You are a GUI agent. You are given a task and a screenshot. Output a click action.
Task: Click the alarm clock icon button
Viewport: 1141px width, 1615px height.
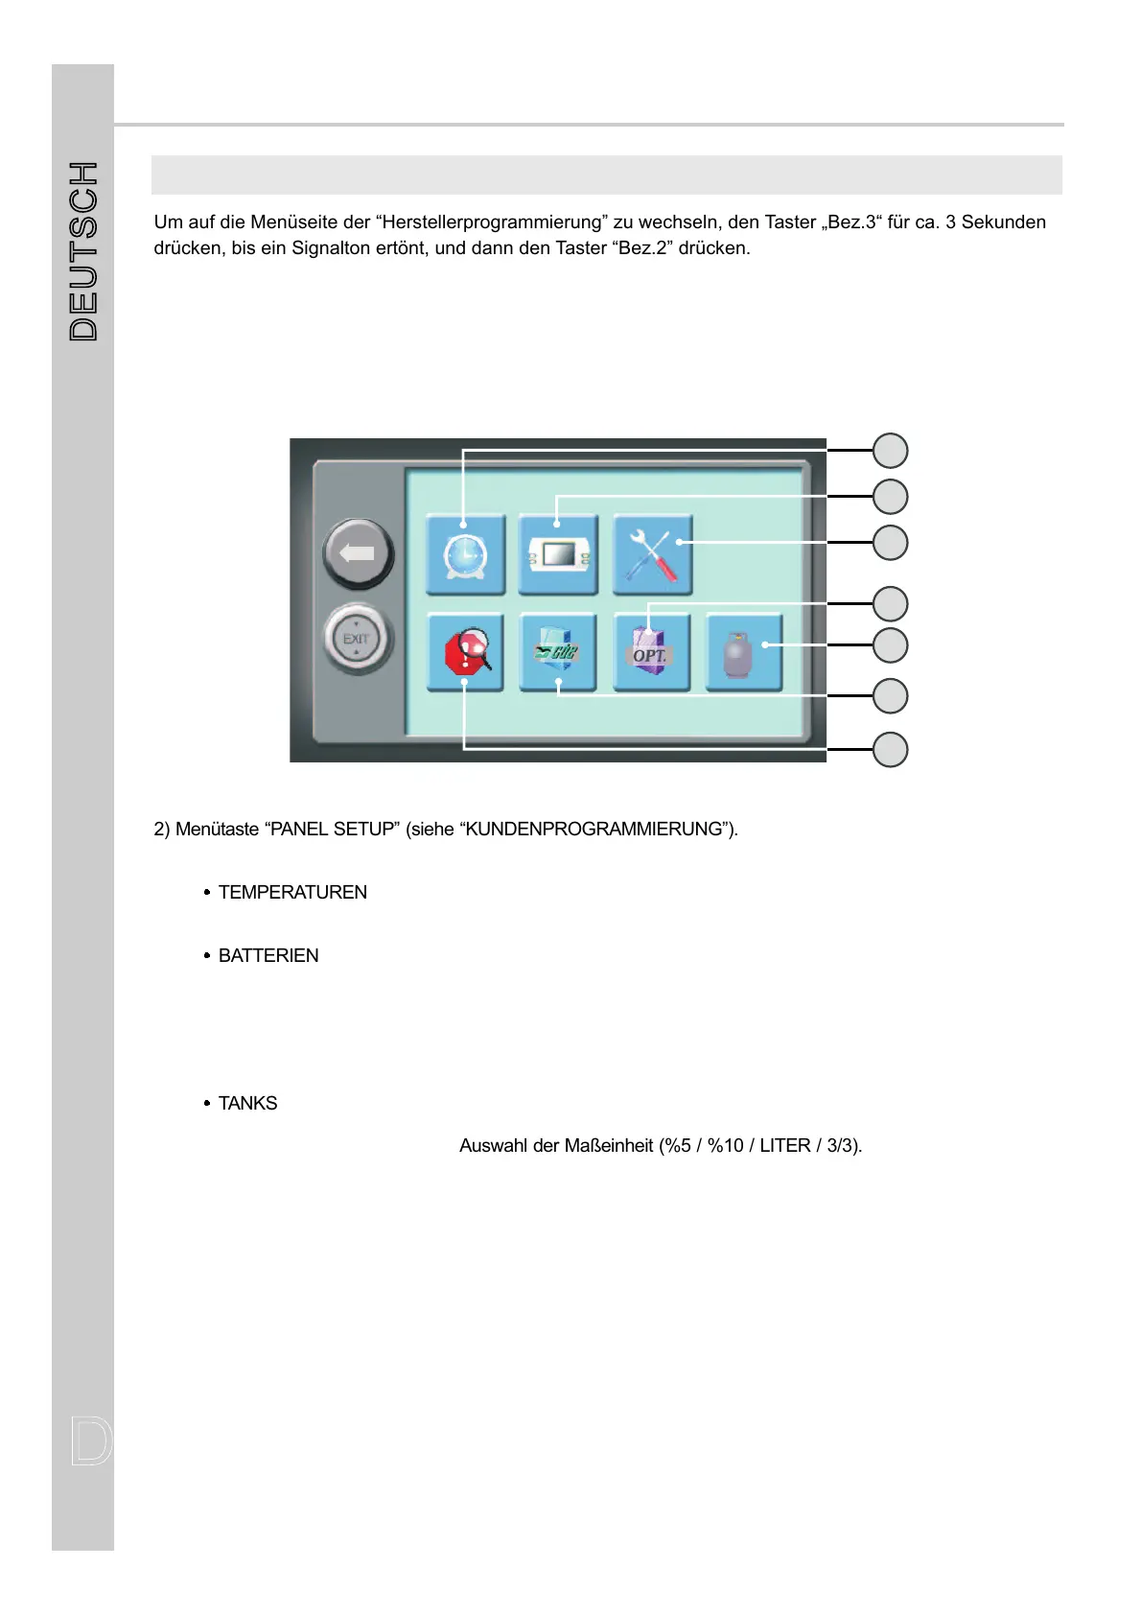click(x=465, y=555)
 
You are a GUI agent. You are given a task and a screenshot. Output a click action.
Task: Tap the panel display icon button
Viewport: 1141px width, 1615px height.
click(x=558, y=555)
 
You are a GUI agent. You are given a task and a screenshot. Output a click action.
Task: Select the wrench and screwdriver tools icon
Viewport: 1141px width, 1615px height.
click(x=652, y=555)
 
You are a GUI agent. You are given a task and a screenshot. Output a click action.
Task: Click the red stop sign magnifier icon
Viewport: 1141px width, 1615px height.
click(x=466, y=653)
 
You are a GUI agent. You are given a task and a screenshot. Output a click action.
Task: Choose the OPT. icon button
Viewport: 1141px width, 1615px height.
click(x=651, y=653)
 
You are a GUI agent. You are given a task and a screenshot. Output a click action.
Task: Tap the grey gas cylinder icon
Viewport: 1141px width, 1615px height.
click(x=743, y=653)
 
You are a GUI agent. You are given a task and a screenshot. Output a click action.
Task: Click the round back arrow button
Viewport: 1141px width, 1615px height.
click(x=358, y=553)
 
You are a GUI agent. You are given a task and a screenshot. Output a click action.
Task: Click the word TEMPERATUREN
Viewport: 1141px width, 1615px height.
click(x=292, y=893)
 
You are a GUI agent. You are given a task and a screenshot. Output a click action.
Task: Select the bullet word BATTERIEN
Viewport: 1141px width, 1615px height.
click(x=268, y=956)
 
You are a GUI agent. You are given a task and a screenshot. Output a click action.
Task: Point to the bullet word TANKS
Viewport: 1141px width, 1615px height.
click(x=247, y=1104)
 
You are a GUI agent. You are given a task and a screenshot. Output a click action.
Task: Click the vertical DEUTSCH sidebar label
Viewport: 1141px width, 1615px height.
click(x=84, y=251)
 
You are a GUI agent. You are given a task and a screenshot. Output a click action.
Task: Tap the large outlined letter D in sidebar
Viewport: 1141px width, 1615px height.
click(x=91, y=1441)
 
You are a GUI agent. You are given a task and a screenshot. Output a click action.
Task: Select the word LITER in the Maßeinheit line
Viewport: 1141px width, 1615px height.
click(x=784, y=1146)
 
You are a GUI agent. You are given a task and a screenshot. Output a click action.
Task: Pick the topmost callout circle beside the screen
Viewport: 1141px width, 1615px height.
click(x=890, y=451)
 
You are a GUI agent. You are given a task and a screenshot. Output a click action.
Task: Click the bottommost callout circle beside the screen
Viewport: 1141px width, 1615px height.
click(x=890, y=749)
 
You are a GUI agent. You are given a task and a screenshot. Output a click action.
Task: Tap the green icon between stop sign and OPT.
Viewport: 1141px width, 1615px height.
click(x=558, y=653)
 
